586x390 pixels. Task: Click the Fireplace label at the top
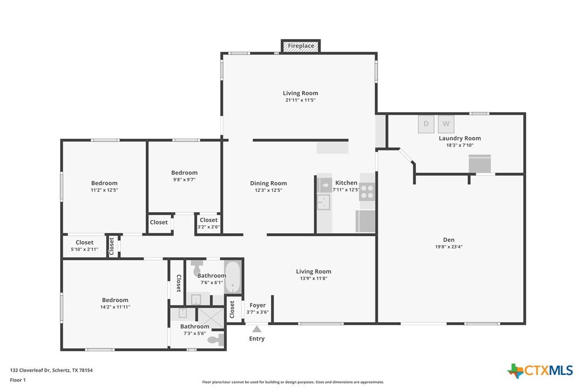pyautogui.click(x=301, y=46)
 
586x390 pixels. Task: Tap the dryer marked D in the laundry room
pyautogui.click(x=426, y=124)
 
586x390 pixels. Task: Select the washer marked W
pyautogui.click(x=446, y=124)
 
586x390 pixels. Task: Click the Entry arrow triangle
pyautogui.click(x=257, y=329)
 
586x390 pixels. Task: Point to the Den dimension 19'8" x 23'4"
pyautogui.click(x=448, y=247)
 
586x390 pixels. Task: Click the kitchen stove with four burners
pyautogui.click(x=367, y=191)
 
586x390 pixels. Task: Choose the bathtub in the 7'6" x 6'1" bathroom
pyautogui.click(x=233, y=276)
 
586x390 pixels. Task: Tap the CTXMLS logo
pyautogui.click(x=540, y=371)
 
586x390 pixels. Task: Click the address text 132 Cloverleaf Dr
pyautogui.click(x=30, y=370)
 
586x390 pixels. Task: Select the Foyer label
pyautogui.click(x=257, y=305)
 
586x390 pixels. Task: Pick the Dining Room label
pyautogui.click(x=268, y=183)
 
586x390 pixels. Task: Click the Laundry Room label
pyautogui.click(x=460, y=138)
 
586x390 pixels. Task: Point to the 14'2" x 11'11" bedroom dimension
pyautogui.click(x=115, y=307)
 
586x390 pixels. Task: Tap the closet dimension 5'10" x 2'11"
pyautogui.click(x=85, y=249)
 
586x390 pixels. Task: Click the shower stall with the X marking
pyautogui.click(x=210, y=318)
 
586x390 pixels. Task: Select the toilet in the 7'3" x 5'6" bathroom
pyautogui.click(x=216, y=340)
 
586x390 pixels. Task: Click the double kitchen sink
pyautogui.click(x=324, y=202)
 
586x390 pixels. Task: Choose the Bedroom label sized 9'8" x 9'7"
pyautogui.click(x=184, y=173)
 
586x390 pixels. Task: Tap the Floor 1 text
pyautogui.click(x=18, y=380)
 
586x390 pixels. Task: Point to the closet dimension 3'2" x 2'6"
pyautogui.click(x=208, y=227)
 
